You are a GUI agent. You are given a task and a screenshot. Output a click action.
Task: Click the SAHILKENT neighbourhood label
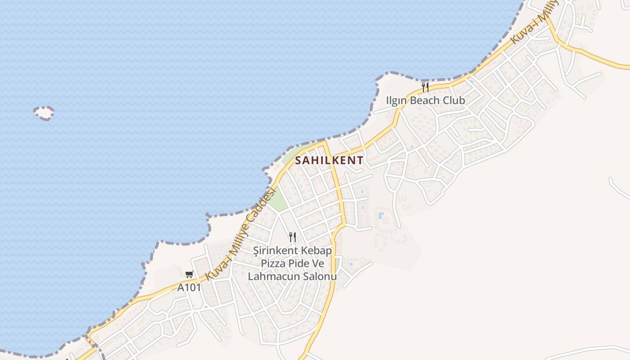[x=329, y=160]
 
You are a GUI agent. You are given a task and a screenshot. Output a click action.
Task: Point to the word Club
[x=454, y=100]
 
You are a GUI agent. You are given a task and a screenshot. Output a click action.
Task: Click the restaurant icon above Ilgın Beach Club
[x=425, y=86]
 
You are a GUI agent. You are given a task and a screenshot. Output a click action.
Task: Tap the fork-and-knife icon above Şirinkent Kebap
[x=292, y=237]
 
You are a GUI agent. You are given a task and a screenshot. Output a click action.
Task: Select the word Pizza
[x=273, y=264]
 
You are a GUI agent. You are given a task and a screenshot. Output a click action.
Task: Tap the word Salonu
[x=321, y=277]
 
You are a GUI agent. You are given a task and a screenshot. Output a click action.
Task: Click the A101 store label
[x=189, y=288]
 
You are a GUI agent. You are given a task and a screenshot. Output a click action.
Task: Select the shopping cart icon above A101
[x=189, y=274]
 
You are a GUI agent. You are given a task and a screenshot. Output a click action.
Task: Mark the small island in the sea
[x=44, y=113]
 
